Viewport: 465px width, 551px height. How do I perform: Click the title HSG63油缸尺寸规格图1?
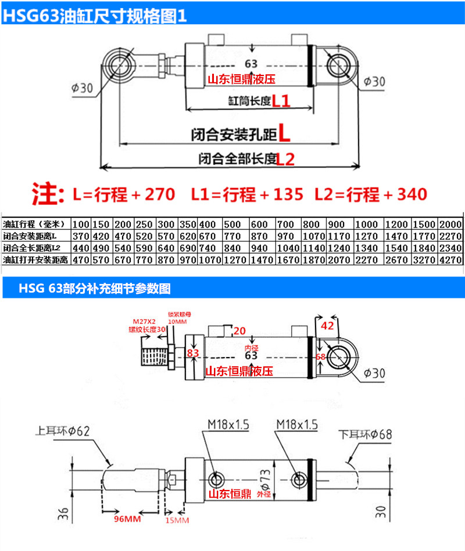pos(96,15)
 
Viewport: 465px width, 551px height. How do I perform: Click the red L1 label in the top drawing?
pos(281,102)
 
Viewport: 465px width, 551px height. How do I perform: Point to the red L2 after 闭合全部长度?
pos(285,158)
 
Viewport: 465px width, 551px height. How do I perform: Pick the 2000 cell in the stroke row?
pos(450,224)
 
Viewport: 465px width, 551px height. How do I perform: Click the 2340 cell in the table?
pos(450,246)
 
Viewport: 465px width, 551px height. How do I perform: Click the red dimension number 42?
pos(328,326)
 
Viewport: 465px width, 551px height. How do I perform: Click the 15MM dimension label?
pos(177,521)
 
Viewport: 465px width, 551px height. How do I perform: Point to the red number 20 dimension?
pos(239,331)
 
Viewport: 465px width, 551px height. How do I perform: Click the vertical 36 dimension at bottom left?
pos(65,513)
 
